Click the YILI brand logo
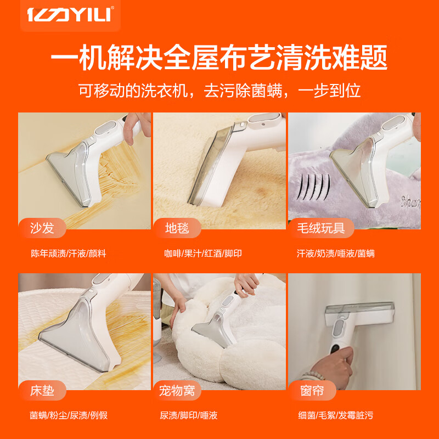point(70,15)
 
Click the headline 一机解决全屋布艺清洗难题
point(219,57)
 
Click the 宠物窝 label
point(181,391)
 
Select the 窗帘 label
point(312,391)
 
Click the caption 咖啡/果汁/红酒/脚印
point(203,254)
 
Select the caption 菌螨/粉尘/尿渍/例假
point(69,415)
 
